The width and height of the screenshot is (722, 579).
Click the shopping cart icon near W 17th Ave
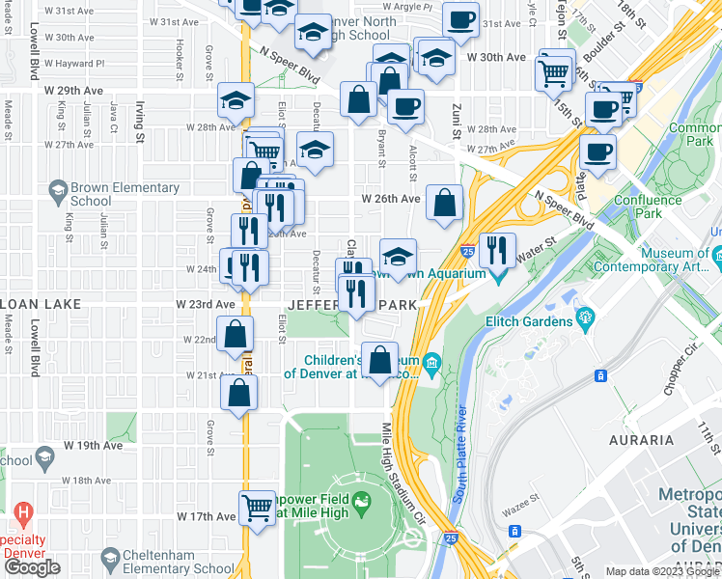pos(258,507)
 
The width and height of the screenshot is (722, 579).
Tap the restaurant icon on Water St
pos(497,251)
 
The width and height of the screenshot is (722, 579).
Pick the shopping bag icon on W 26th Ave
pos(444,203)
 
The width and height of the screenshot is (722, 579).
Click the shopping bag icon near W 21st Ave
pos(239,393)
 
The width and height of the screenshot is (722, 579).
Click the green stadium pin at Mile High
pos(361,501)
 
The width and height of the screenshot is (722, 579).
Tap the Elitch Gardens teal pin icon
pos(584,317)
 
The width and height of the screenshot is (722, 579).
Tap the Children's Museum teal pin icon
pos(431,365)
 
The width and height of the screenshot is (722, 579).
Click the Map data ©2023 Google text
pos(662,571)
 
